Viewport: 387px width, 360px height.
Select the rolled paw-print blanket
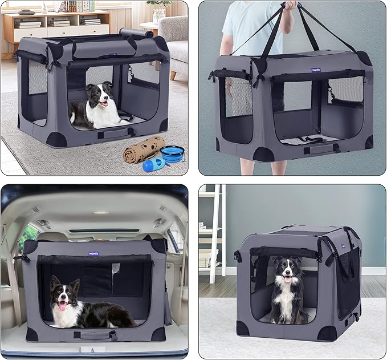click(x=143, y=149)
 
